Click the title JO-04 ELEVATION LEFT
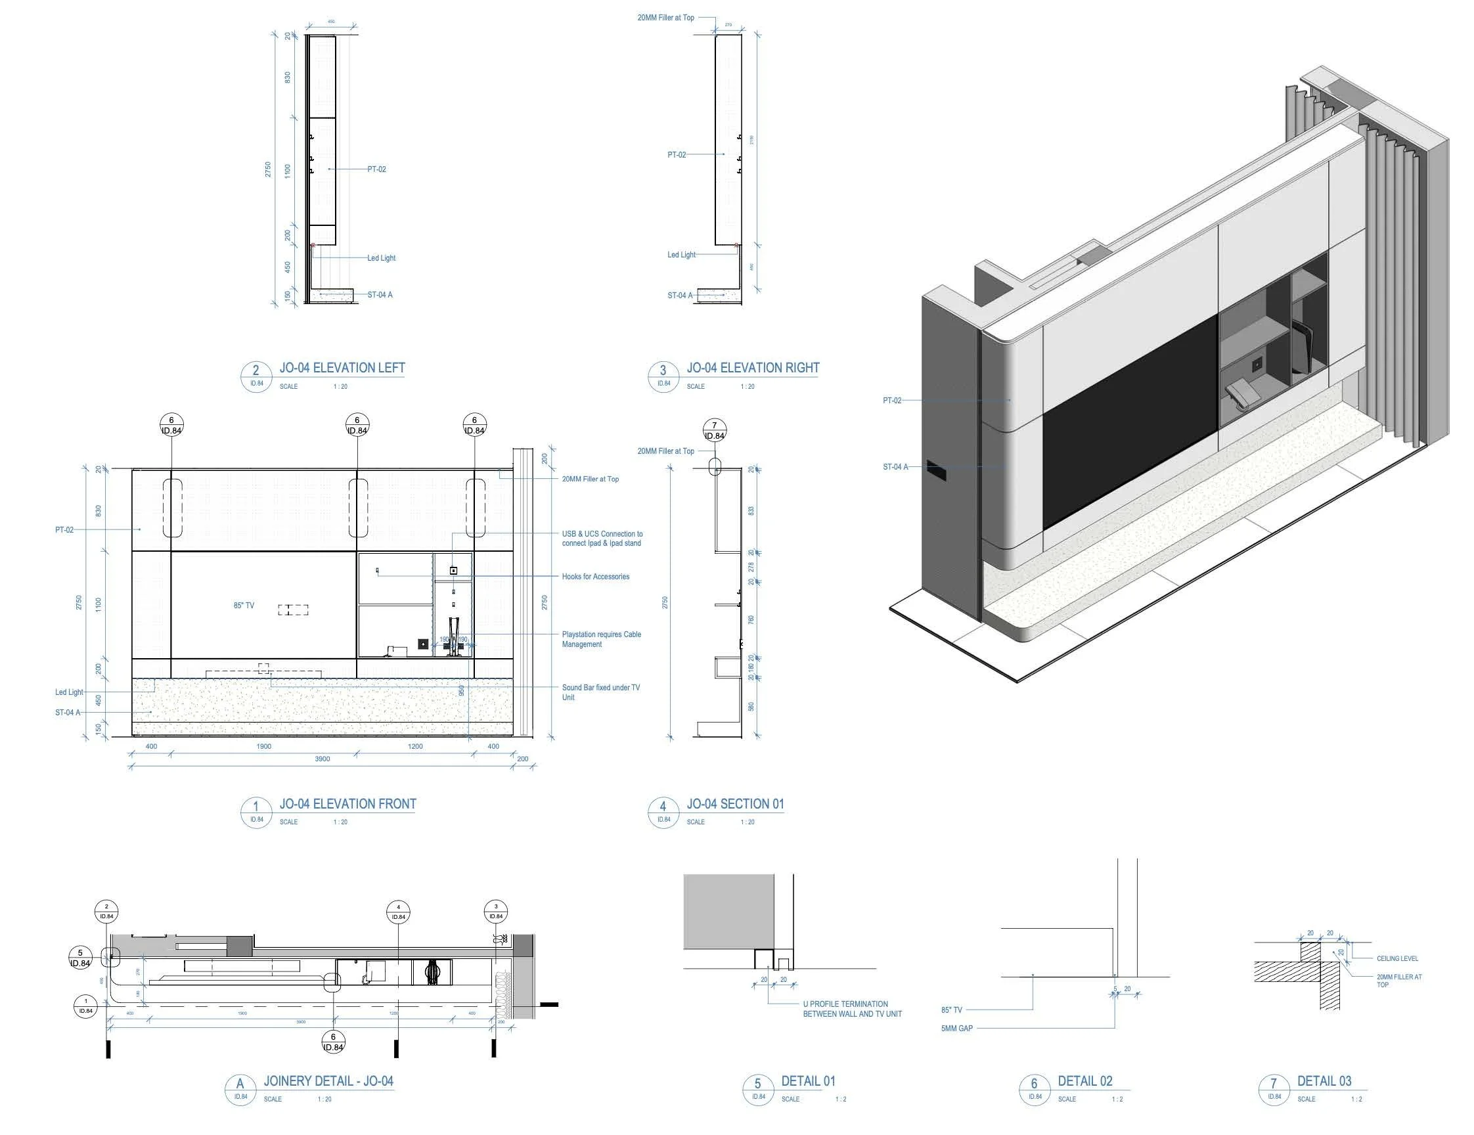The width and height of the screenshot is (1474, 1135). pos(342,368)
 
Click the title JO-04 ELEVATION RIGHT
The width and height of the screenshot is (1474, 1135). pos(753,368)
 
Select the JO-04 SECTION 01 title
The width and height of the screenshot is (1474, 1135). pos(735,805)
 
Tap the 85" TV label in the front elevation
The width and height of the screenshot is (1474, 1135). pos(244,606)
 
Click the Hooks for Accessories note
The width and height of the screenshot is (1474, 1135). pos(595,577)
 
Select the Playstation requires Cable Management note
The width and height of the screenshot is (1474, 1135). pos(601,640)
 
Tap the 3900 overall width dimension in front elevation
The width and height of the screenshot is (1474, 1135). pos(323,759)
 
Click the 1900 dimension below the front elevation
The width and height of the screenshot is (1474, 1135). pos(264,746)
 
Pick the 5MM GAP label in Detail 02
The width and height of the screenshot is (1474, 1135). pos(957,1029)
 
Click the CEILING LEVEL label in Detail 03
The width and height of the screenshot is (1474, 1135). pos(1397,959)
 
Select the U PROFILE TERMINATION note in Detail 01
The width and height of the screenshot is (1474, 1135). pos(852,1010)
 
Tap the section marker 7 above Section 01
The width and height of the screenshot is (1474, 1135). pos(715,430)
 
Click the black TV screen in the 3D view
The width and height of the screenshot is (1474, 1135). pos(1127,425)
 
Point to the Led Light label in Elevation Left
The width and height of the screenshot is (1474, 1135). pos(382,258)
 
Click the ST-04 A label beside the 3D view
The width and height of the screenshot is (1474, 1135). pos(895,467)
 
